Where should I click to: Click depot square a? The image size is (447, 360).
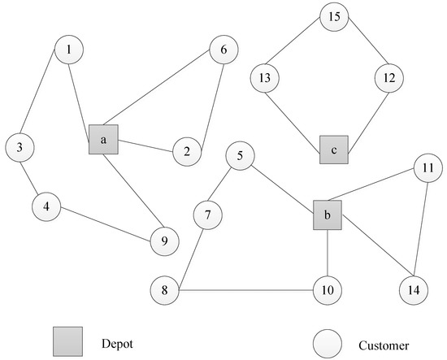click(104, 140)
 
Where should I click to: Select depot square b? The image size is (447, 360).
click(328, 215)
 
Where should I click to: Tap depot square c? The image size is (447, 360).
click(334, 150)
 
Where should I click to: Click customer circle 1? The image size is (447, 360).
click(69, 50)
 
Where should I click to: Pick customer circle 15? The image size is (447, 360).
click(333, 16)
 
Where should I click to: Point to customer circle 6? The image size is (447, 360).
click(223, 50)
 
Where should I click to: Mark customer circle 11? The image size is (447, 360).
click(427, 168)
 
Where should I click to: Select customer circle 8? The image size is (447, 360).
click(164, 289)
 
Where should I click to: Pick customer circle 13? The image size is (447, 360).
click(266, 79)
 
